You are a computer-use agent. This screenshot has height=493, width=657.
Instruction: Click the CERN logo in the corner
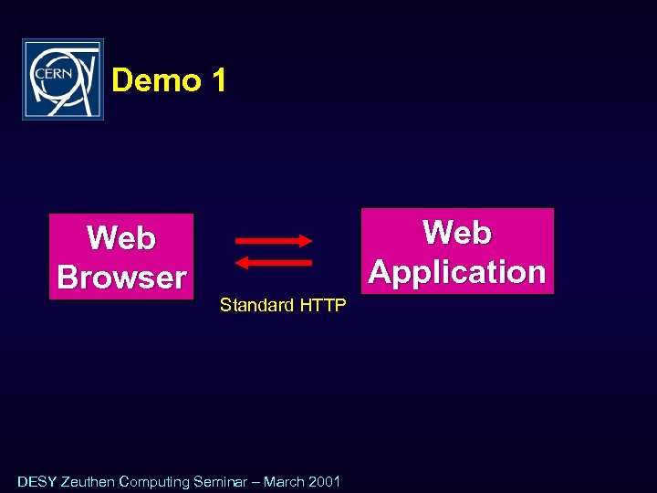pos(63,79)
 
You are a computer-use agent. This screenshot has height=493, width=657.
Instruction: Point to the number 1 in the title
pos(217,81)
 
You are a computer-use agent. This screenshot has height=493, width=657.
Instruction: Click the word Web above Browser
pos(121,238)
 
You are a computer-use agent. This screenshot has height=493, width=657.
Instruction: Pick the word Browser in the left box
pos(121,278)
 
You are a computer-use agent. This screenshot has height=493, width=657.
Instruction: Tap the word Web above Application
pos(457,233)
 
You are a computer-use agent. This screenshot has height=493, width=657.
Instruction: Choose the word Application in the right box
pos(457,272)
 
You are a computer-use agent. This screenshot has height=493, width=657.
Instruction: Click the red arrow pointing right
pos(274,241)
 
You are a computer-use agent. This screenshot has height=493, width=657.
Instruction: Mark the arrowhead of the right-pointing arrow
pos(306,241)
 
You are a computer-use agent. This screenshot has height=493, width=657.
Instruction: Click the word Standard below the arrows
pos(256,306)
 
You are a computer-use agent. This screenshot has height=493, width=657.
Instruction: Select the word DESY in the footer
pos(36,481)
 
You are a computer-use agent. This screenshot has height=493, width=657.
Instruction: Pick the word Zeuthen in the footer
pos(88,481)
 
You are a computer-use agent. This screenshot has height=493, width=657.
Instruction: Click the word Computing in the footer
pos(154,481)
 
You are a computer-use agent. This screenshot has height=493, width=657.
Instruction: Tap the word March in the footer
pos(285,481)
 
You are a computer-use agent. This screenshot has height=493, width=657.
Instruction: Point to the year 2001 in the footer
pos(325,481)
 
